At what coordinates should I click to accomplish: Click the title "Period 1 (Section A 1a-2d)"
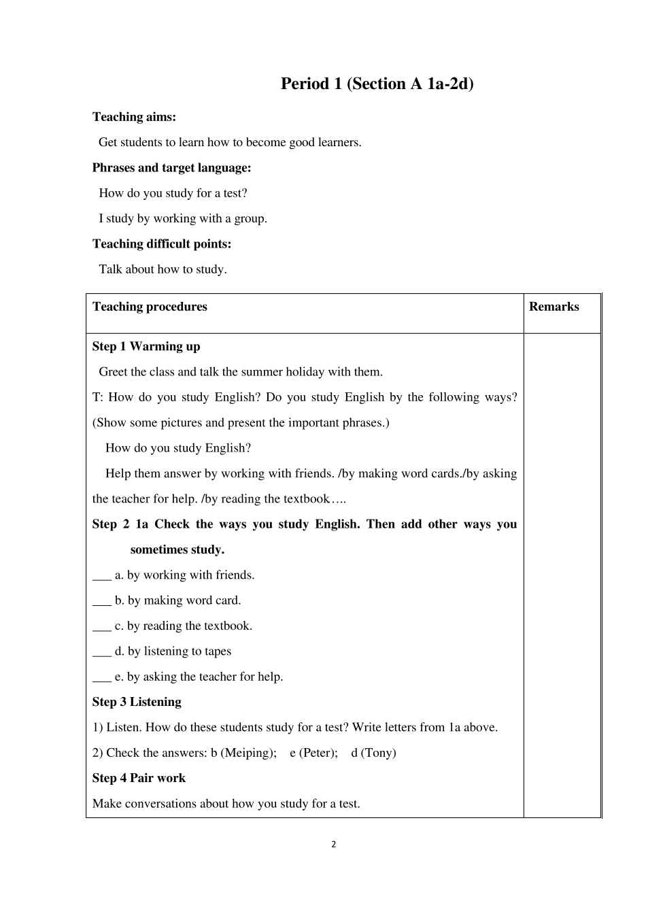(377, 84)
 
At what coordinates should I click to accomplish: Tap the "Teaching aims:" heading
(134, 117)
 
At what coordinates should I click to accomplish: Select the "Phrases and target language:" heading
(171, 168)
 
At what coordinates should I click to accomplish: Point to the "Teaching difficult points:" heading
(162, 244)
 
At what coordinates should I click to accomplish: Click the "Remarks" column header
(554, 307)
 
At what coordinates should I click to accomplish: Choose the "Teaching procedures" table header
(150, 307)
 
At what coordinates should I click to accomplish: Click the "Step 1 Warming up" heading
(146, 347)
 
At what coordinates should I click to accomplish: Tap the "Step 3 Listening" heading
(137, 702)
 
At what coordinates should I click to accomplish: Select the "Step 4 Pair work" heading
(139, 778)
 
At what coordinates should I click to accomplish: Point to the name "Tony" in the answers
(378, 753)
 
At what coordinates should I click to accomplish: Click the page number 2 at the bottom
(333, 845)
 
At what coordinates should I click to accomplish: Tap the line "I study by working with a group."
(183, 219)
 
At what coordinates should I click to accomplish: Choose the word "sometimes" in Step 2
(158, 549)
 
